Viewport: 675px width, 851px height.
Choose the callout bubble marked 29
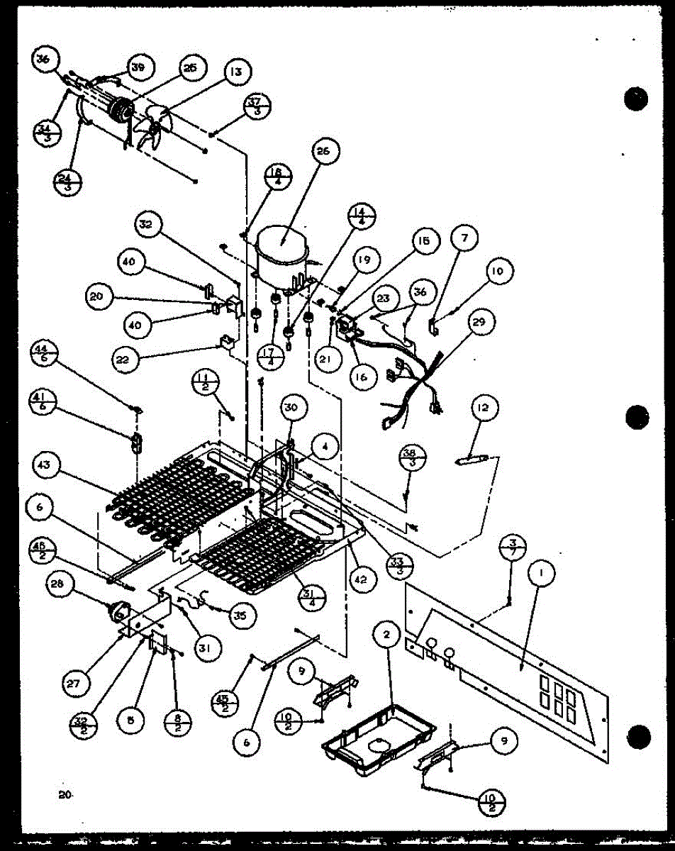pyautogui.click(x=481, y=322)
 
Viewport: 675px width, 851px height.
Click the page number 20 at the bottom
pyautogui.click(x=66, y=796)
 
